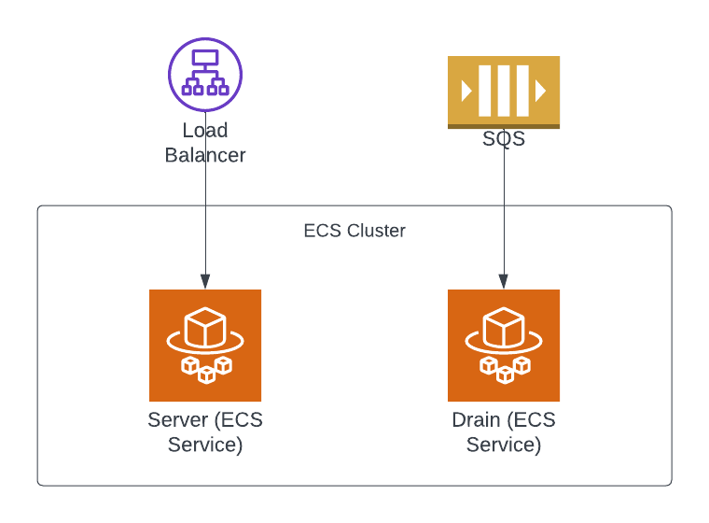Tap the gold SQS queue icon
[x=504, y=91]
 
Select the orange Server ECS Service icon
[x=205, y=346]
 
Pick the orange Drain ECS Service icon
[x=504, y=346]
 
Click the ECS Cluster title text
[x=354, y=231]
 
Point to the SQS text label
[x=504, y=140]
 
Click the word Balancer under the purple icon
[x=205, y=155]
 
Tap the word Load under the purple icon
[x=205, y=131]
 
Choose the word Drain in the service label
[x=476, y=420]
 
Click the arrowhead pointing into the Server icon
[x=205, y=282]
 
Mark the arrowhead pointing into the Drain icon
[x=504, y=282]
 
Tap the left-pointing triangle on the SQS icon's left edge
[x=466, y=91]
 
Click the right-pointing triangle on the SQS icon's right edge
[x=541, y=91]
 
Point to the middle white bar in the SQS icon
[x=504, y=91]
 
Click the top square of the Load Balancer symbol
[x=205, y=59]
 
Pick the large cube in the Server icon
[x=205, y=329]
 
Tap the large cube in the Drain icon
[x=504, y=329]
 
